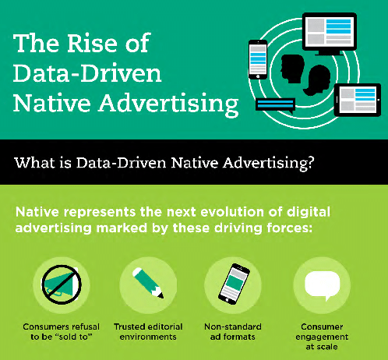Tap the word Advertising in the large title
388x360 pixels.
coord(168,104)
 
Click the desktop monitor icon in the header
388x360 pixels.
coord(330,34)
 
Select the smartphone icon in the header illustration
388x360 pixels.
coord(258,59)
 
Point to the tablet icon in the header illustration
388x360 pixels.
coord(358,100)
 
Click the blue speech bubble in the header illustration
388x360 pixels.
coord(276,105)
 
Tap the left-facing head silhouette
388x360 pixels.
coord(292,69)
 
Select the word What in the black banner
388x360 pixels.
coord(30,163)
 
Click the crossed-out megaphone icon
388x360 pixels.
coord(62,284)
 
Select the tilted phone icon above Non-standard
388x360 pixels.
coord(234,284)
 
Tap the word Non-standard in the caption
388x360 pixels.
coord(233,326)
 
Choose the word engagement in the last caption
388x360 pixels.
coord(322,337)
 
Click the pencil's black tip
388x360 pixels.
coord(161,296)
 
